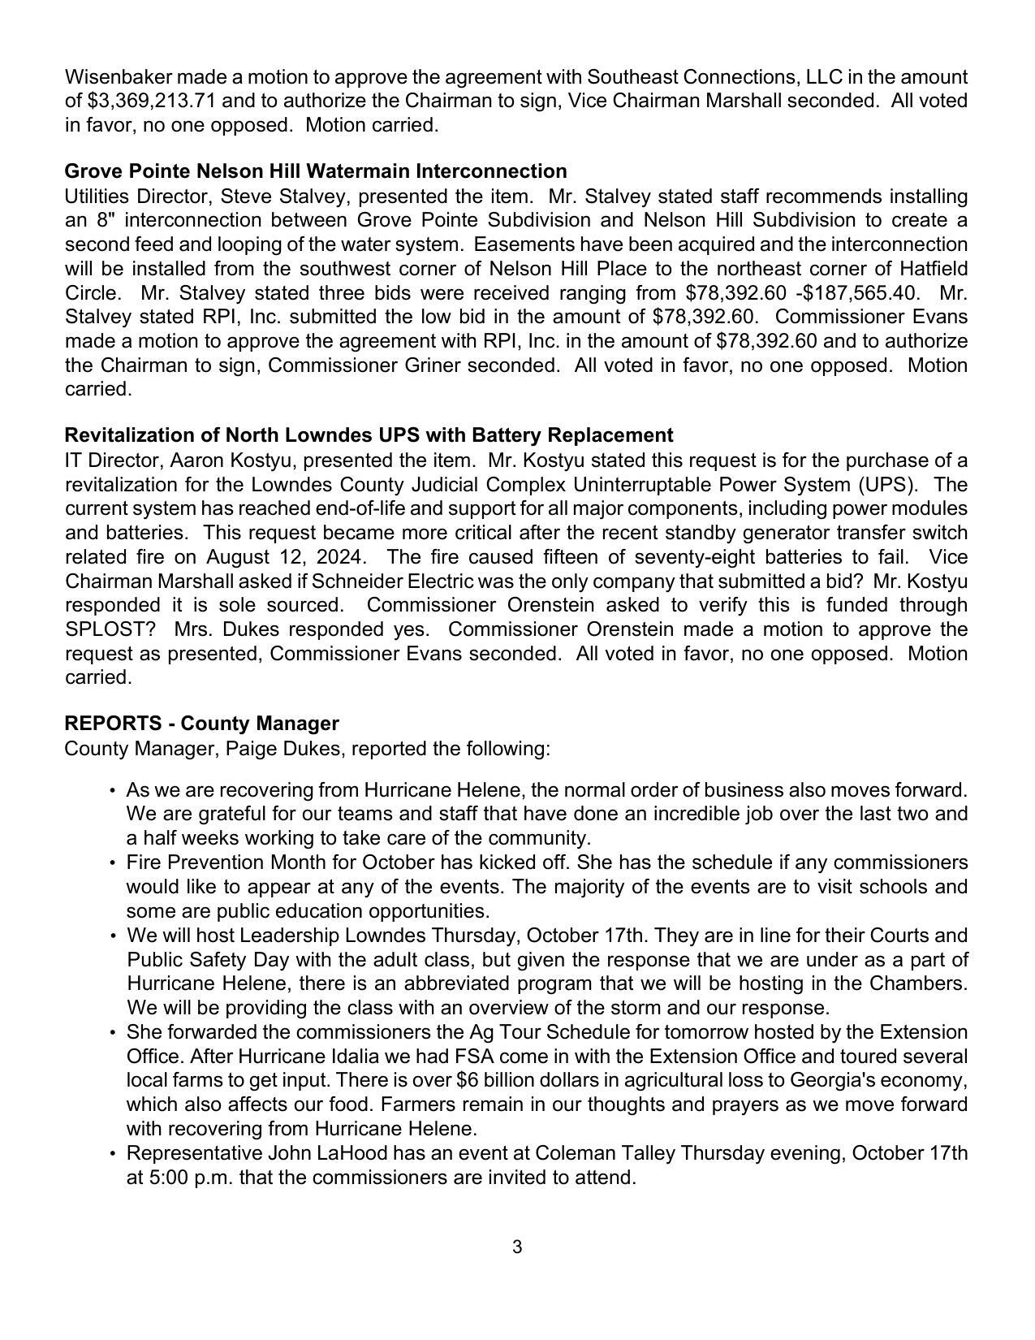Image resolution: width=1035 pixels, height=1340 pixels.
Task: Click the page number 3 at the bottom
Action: [517, 1247]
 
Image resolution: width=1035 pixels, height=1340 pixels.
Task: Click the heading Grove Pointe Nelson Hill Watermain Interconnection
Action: [315, 171]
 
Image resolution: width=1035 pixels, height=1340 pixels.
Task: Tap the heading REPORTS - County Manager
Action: [201, 723]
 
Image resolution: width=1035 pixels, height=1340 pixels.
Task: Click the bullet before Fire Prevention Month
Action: [113, 862]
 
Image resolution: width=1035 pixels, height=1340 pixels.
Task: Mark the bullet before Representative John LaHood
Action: [113, 1153]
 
